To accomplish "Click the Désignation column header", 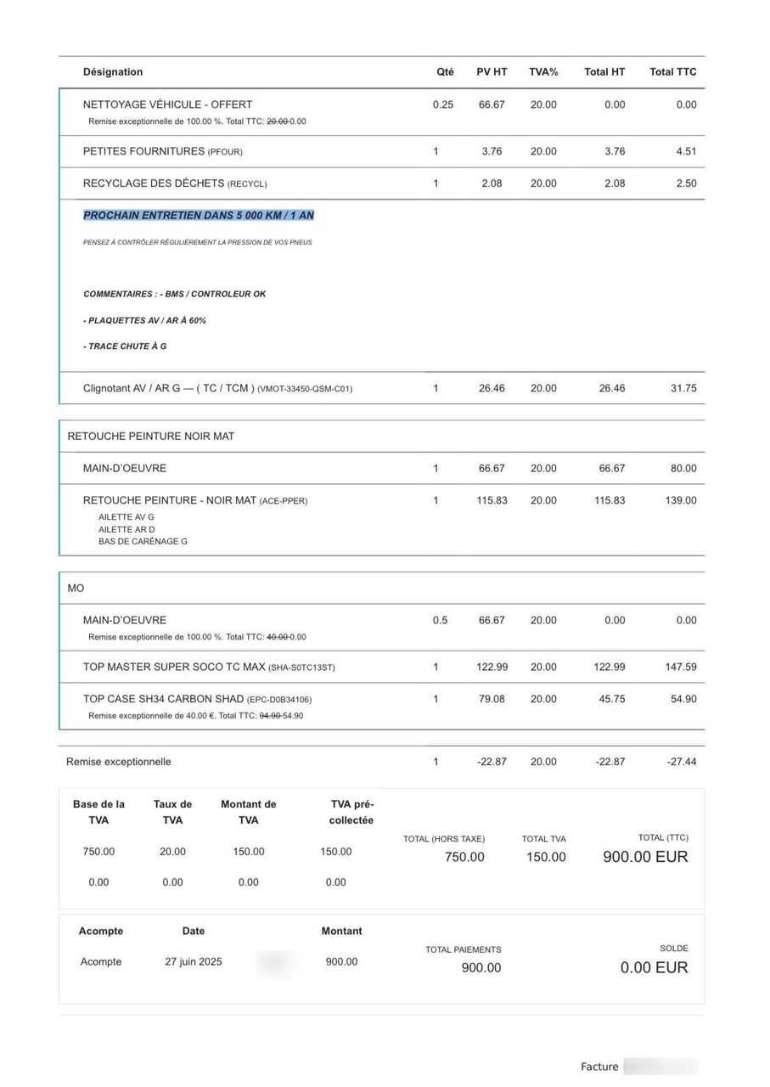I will pos(113,72).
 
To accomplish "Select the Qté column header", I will pos(445,72).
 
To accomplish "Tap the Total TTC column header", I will pos(672,72).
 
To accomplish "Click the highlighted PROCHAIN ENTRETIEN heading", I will pos(199,216).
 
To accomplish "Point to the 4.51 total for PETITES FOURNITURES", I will pos(686,152).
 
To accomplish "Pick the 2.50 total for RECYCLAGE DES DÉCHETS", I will pos(686,183).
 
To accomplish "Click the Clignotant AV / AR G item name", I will pos(168,389).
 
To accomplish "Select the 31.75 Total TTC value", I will pos(683,389).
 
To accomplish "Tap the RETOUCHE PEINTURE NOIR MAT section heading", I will pos(151,436).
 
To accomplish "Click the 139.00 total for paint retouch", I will pos(681,501).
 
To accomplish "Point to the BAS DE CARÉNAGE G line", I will pos(143,542).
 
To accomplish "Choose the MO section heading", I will pos(76,589).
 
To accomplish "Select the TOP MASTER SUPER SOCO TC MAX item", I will pos(174,667).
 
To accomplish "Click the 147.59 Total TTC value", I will pos(681,667).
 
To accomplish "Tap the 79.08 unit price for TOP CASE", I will pos(492,700).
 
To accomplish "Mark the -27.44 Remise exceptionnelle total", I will pos(682,763).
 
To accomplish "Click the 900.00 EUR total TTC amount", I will pos(645,858).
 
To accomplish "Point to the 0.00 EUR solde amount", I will pos(654,968).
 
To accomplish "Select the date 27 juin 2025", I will pos(194,962).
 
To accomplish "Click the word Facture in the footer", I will pos(599,1067).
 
